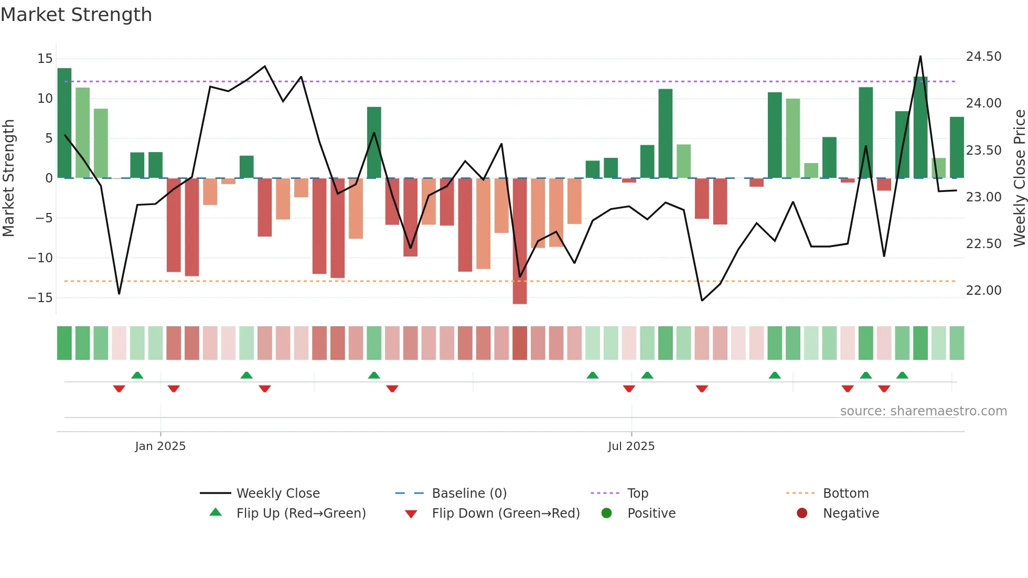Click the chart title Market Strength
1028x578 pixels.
pos(76,15)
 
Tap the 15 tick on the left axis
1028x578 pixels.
pos(45,58)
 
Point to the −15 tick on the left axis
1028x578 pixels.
pos(40,297)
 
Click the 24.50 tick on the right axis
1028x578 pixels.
pos(983,57)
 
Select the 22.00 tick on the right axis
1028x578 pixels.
pos(983,291)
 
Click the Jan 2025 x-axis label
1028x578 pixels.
pos(160,446)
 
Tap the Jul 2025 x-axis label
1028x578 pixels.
pos(631,446)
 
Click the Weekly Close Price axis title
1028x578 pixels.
pos(1019,178)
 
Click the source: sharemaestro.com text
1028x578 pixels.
pos(923,411)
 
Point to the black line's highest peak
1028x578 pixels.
pos(920,57)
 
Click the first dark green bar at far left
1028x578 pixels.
pos(65,123)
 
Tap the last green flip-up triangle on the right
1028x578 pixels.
pos(902,376)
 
